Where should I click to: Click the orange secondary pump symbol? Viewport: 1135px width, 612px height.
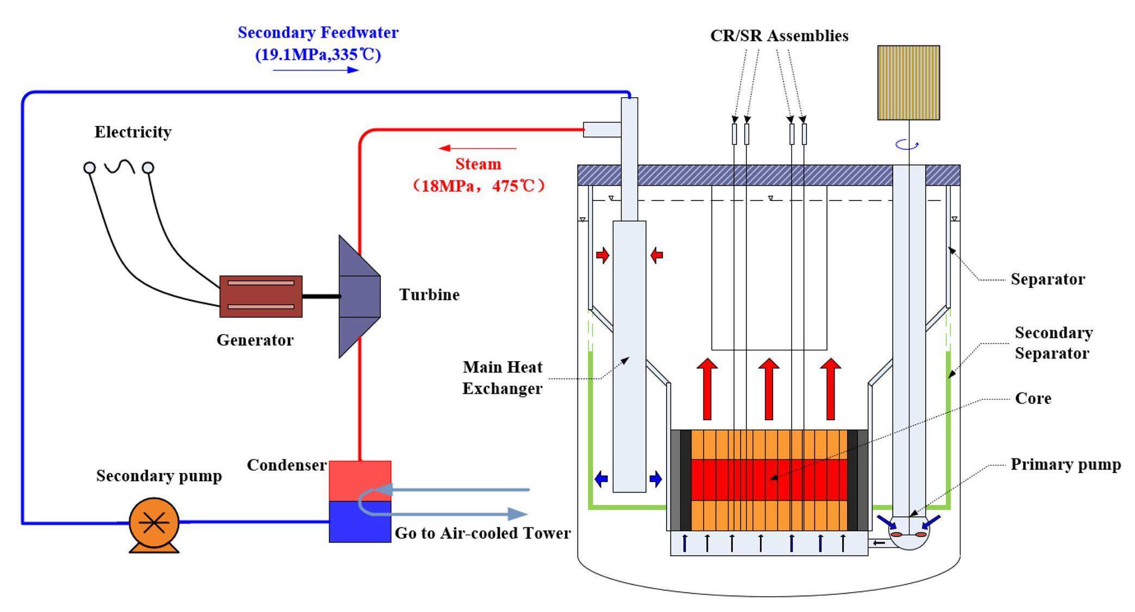pyautogui.click(x=154, y=523)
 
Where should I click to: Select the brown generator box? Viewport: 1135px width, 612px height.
pyautogui.click(x=261, y=296)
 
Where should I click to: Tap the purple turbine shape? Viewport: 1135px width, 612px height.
pyautogui.click(x=358, y=296)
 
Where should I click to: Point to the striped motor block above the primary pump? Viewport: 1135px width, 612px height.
pyautogui.click(x=908, y=83)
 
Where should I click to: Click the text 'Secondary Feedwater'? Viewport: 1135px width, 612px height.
pyautogui.click(x=318, y=33)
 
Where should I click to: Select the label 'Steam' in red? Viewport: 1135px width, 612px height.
pyautogui.click(x=478, y=164)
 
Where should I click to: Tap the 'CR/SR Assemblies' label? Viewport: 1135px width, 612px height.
pyautogui.click(x=779, y=36)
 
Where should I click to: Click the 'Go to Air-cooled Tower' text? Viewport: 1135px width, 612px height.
pyautogui.click(x=482, y=533)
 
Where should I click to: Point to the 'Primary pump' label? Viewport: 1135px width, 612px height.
pyautogui.click(x=1065, y=465)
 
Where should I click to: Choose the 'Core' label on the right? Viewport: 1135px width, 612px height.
pyautogui.click(x=1033, y=399)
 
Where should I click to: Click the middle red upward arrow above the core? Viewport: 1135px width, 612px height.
pyautogui.click(x=768, y=389)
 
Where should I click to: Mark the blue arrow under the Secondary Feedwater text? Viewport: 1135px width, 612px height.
pyautogui.click(x=316, y=70)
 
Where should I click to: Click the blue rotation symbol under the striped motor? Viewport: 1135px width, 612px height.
pyautogui.click(x=907, y=144)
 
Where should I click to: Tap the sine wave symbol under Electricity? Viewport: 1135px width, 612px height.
pyautogui.click(x=119, y=166)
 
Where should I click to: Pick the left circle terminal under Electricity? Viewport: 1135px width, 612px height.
pyautogui.click(x=90, y=167)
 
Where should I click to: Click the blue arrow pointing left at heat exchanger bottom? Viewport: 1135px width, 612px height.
pyautogui.click(x=601, y=479)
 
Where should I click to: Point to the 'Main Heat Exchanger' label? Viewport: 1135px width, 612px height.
pyautogui.click(x=502, y=378)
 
